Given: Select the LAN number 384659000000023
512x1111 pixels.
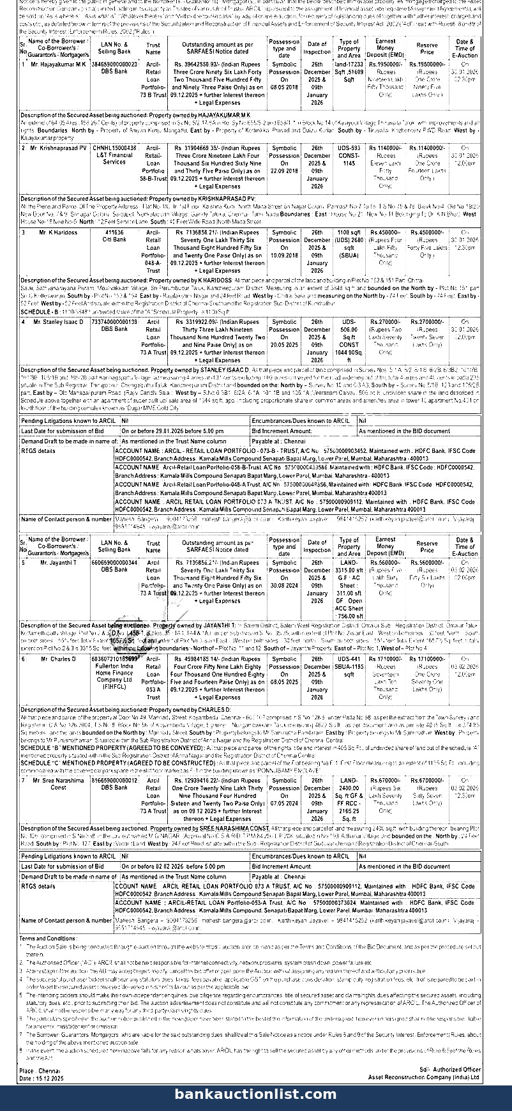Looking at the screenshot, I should tap(114, 65).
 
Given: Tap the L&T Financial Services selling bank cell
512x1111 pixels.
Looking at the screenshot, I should tap(114, 158).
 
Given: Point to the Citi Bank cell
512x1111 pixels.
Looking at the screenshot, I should tap(114, 240).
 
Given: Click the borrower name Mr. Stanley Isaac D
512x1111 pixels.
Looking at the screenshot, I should tap(58, 322).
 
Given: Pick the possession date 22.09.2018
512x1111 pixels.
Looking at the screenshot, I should tap(284, 171).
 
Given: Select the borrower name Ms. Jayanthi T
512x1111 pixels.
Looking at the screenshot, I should tap(58, 563).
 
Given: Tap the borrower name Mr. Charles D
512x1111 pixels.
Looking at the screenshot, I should tap(58, 659).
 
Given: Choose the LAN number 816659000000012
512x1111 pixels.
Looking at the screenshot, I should tap(114, 780).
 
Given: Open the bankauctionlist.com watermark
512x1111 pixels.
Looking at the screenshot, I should tap(255, 1094).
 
